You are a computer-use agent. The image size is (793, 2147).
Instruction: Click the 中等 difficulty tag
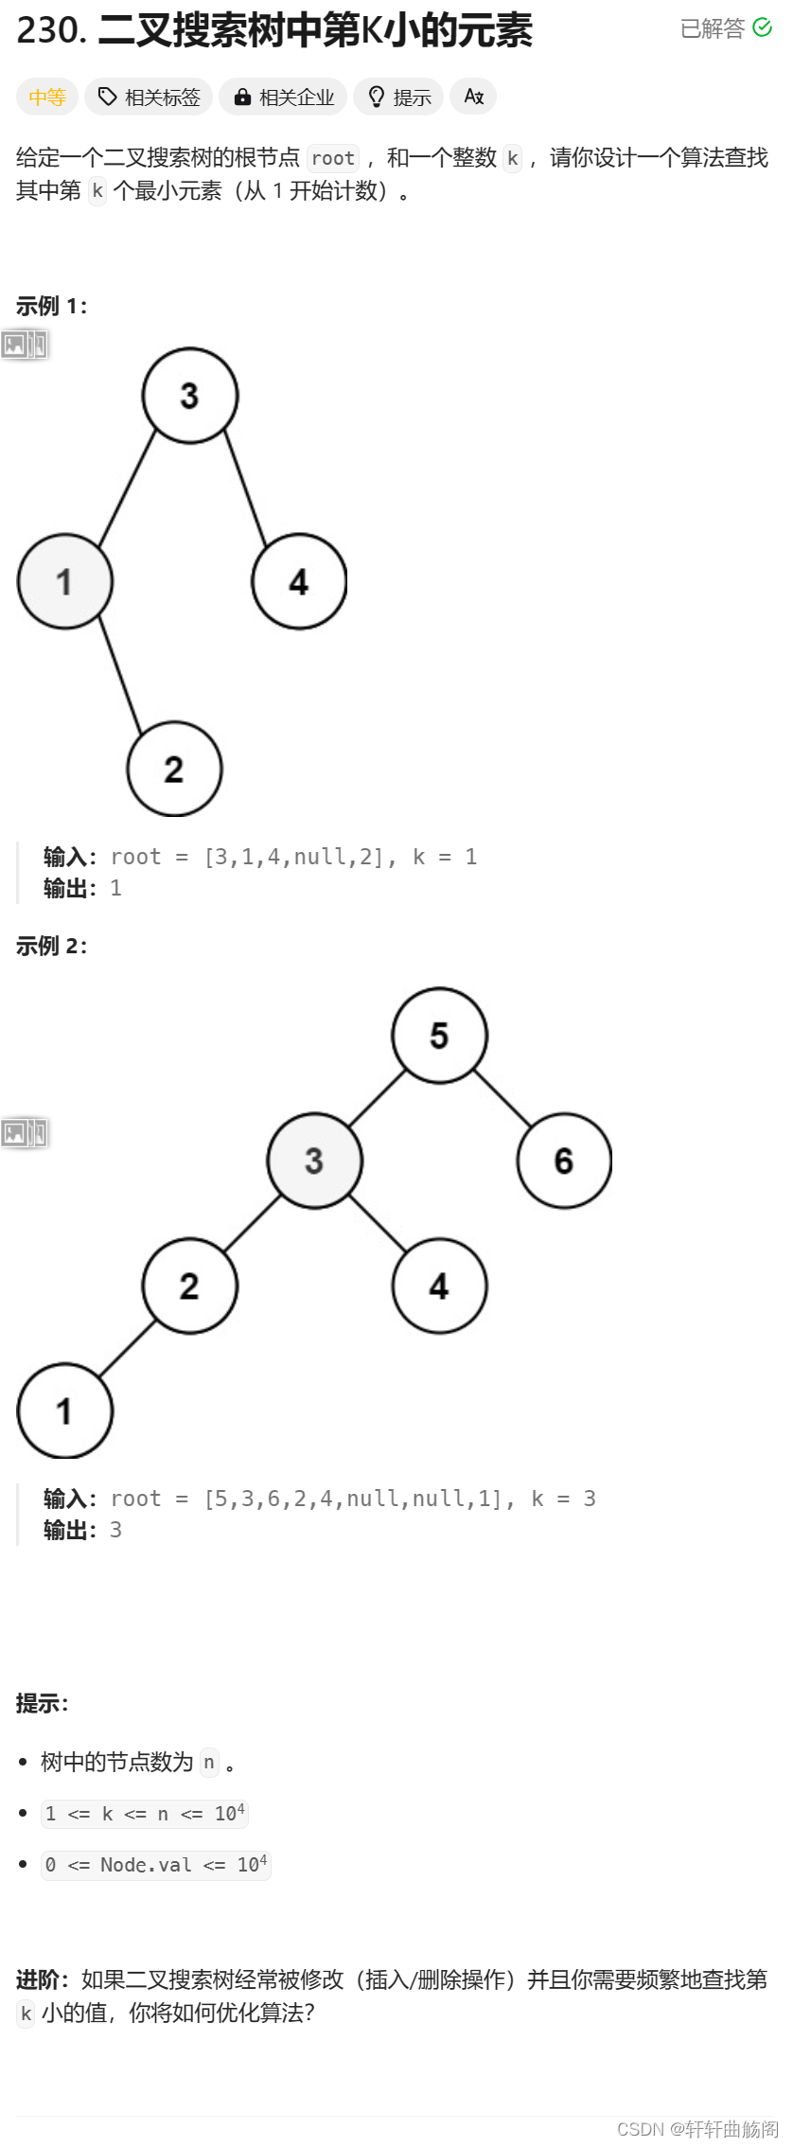click(46, 97)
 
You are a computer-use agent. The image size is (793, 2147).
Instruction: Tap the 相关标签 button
click(149, 97)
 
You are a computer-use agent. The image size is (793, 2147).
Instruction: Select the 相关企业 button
click(283, 97)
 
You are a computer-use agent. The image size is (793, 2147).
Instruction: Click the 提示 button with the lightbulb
click(398, 97)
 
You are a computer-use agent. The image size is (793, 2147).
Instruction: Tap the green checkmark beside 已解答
click(762, 28)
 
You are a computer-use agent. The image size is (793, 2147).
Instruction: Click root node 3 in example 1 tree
click(189, 395)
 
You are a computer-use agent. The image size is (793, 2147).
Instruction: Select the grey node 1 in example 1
click(64, 581)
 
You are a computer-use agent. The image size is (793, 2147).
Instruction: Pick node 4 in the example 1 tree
click(298, 581)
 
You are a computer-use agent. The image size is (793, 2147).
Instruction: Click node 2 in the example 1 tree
click(174, 769)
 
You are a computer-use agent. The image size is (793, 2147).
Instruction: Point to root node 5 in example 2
click(439, 1035)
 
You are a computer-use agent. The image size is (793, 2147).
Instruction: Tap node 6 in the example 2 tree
click(564, 1160)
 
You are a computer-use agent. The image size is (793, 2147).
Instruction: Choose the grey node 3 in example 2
click(314, 1160)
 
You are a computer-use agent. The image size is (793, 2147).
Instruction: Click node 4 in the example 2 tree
click(439, 1286)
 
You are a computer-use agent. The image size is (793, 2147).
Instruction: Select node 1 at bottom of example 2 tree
click(64, 1411)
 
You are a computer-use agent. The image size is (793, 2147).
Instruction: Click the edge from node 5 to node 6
click(502, 1098)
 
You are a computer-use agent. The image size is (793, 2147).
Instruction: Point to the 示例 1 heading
click(51, 306)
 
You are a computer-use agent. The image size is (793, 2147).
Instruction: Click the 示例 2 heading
click(51, 946)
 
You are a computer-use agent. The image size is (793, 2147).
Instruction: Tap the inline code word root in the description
click(333, 158)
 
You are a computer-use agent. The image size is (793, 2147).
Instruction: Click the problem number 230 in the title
click(50, 30)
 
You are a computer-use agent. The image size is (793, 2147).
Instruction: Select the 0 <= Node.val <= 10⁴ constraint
click(156, 1865)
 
